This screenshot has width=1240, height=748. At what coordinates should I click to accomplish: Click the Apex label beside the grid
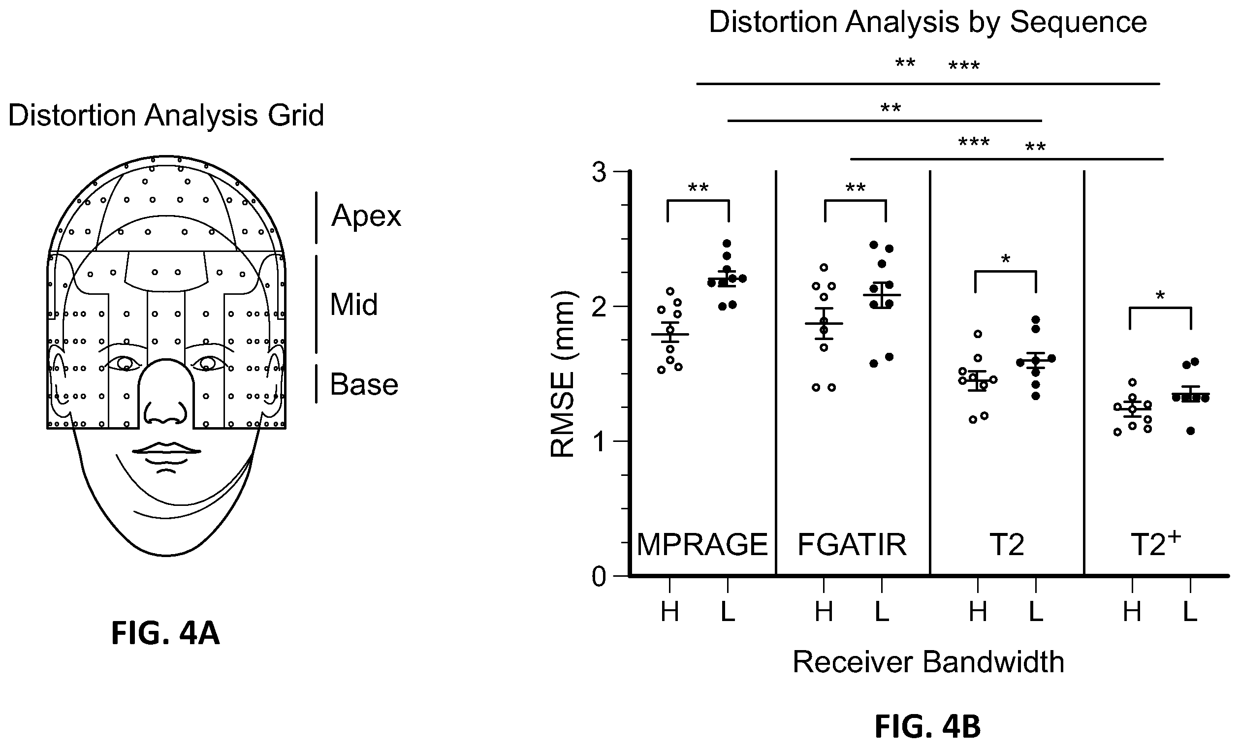(366, 217)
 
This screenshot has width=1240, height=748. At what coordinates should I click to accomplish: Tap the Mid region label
(353, 305)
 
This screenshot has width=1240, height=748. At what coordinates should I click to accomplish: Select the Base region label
(364, 385)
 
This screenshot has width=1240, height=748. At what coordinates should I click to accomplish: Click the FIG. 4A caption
(165, 633)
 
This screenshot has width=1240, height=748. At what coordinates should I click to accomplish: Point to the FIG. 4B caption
(927, 727)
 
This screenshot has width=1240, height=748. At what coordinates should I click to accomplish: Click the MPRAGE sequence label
(702, 545)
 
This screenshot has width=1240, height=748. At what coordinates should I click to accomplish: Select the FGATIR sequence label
(852, 545)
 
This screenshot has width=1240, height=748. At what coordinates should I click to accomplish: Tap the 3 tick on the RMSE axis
(600, 173)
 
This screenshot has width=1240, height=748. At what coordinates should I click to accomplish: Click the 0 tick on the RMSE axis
(600, 576)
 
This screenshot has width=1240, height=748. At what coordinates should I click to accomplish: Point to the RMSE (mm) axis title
(563, 374)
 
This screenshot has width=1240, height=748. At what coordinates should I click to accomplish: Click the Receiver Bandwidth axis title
(928, 662)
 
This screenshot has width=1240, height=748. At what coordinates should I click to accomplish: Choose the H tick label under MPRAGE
(670, 612)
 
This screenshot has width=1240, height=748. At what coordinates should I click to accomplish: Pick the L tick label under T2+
(1189, 612)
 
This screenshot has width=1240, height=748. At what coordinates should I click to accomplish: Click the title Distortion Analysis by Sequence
(927, 22)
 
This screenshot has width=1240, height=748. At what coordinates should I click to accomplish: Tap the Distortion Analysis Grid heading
(166, 115)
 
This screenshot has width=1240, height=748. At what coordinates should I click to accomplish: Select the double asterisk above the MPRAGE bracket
(698, 188)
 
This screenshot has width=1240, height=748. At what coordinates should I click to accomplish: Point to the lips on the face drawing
(166, 449)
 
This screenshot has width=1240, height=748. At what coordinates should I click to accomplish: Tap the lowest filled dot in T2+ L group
(1190, 431)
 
